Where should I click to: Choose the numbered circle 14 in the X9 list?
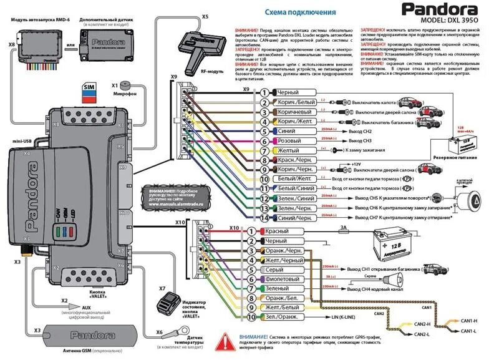coord(266,218)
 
